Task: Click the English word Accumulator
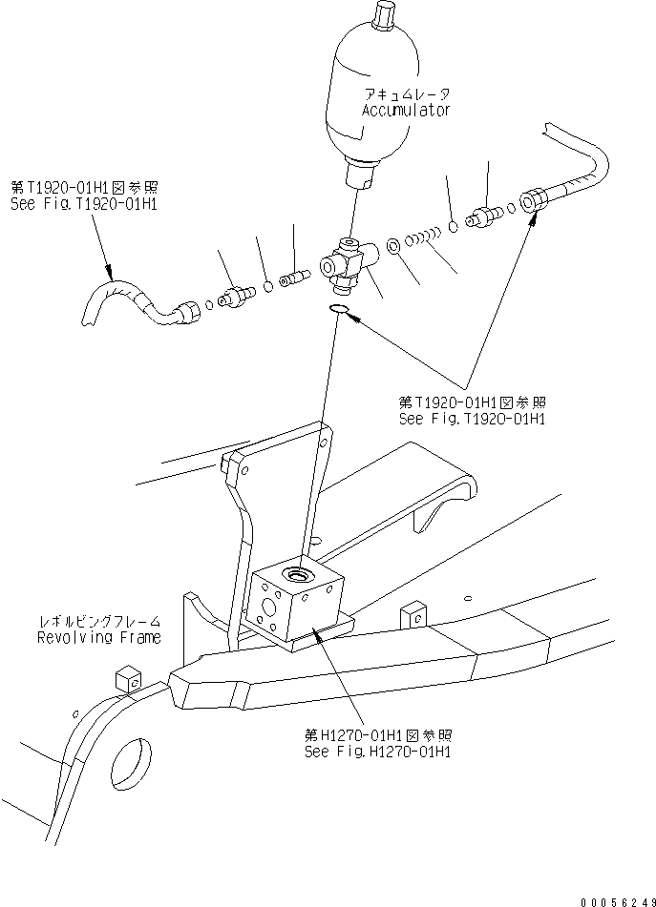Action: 406,111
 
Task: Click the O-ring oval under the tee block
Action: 339,310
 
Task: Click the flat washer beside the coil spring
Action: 392,246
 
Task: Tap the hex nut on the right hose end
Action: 532,200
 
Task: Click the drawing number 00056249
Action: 618,901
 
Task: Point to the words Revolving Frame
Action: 99,637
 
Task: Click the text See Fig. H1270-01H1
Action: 377,752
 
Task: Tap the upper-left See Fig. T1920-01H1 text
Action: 84,204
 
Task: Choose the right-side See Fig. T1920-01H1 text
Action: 472,419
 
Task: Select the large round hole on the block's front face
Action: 268,608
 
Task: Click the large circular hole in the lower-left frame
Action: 131,765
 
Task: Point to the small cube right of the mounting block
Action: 413,615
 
